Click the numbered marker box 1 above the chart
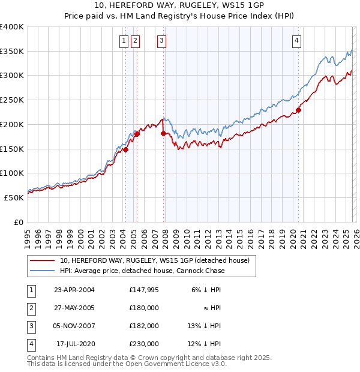tap(124, 41)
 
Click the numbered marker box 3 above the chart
tap(162, 41)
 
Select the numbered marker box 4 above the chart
tap(296, 41)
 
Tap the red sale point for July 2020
tap(298, 110)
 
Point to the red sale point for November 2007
tap(163, 133)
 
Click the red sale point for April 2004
tap(125, 150)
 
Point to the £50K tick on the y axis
tap(14, 197)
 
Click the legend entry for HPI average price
tap(142, 271)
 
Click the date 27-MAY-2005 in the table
tap(74, 308)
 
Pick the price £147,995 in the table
tap(143, 290)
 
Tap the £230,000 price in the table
tap(143, 344)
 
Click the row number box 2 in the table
tap(31, 308)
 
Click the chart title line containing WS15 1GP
tap(179, 7)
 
